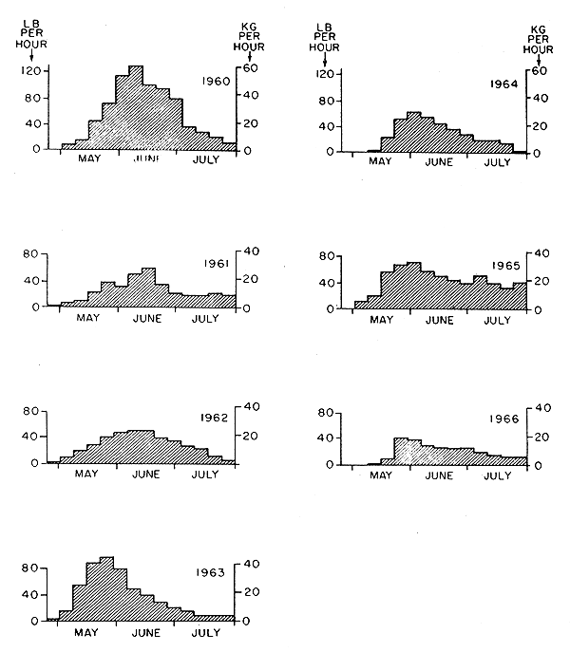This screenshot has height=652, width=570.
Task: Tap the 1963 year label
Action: [211, 572]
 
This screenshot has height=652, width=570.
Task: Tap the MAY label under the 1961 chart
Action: [88, 318]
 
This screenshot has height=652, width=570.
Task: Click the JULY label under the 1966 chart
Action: [499, 475]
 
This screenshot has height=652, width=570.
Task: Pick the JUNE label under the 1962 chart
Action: [146, 474]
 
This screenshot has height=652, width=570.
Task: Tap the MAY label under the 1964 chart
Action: [380, 162]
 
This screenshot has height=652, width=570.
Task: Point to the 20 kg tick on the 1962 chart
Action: [244, 436]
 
